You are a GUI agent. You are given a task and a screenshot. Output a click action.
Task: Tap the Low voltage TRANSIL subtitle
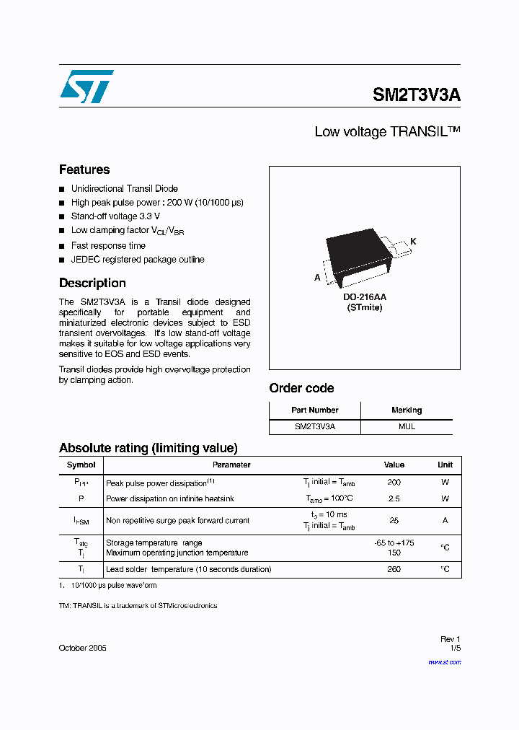tap(387, 132)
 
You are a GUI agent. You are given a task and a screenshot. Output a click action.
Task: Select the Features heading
tap(84, 170)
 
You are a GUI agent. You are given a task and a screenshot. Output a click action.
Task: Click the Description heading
tap(92, 283)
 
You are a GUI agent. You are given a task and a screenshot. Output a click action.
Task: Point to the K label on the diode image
tap(414, 242)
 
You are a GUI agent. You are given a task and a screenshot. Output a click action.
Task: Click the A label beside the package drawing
tap(317, 277)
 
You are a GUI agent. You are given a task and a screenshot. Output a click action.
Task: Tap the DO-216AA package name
tap(364, 296)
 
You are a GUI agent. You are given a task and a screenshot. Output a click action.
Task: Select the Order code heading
tap(301, 388)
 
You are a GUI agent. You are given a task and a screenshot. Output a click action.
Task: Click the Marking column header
tap(407, 410)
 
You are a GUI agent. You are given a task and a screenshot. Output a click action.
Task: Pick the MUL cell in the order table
tap(407, 426)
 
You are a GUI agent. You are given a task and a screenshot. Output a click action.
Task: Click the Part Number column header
tap(314, 410)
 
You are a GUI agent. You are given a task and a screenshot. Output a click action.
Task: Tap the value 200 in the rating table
tap(394, 482)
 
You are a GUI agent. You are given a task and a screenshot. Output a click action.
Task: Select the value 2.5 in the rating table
tap(394, 498)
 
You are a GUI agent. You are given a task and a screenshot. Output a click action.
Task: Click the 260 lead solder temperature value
tap(394, 569)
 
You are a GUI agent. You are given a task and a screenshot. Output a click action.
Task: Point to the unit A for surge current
tap(445, 520)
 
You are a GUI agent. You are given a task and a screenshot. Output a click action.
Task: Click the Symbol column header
tap(81, 465)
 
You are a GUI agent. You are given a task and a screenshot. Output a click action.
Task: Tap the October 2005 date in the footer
tap(82, 648)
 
